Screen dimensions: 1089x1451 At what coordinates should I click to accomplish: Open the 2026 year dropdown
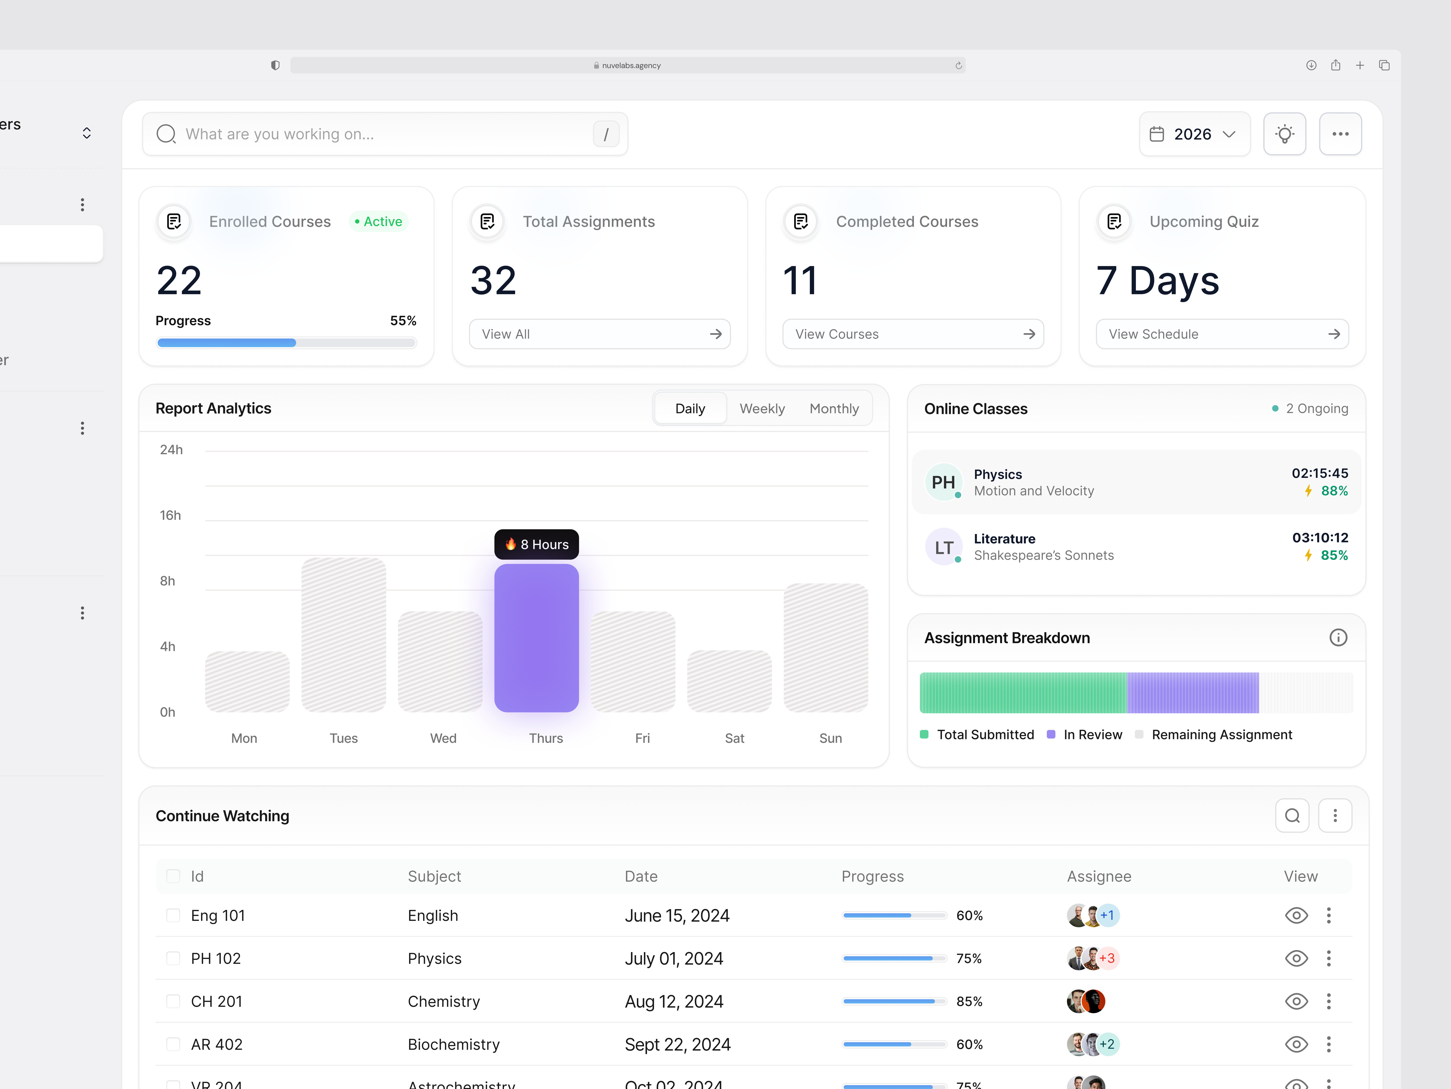[x=1194, y=134]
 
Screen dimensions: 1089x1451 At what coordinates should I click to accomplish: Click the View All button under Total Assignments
[x=599, y=334]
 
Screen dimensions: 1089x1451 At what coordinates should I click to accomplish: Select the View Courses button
[x=913, y=334]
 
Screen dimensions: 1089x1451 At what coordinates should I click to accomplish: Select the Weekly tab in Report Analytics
[x=762, y=408]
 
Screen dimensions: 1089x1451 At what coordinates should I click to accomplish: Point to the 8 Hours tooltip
[x=536, y=544]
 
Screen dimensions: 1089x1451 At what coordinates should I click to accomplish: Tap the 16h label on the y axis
[x=170, y=515]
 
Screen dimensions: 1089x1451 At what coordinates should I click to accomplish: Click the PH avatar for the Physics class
[x=943, y=483]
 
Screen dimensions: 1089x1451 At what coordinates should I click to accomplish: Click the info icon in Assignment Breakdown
[x=1338, y=637]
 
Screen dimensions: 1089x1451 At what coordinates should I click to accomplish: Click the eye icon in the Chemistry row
[x=1296, y=1001]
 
